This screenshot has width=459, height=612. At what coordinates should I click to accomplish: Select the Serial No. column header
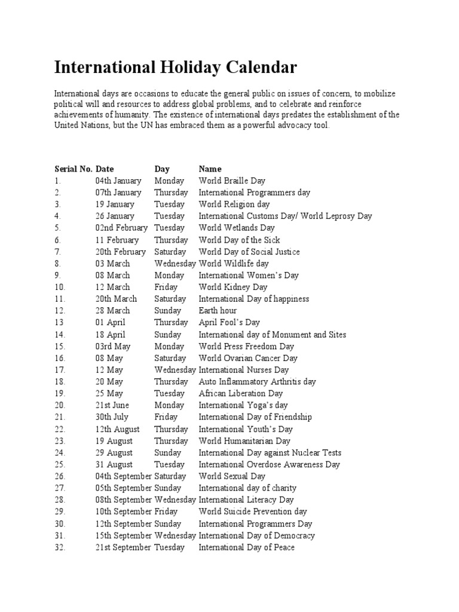click(73, 169)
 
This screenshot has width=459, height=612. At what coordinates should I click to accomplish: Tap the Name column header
click(210, 169)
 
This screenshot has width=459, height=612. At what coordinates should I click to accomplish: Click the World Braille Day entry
click(232, 180)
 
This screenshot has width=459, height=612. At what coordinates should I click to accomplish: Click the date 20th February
click(120, 252)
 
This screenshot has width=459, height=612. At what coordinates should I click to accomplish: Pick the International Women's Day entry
click(249, 275)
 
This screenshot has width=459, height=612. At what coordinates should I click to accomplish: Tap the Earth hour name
click(218, 310)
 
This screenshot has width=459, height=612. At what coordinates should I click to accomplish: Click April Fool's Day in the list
click(229, 322)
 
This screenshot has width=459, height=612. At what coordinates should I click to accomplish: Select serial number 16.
click(59, 358)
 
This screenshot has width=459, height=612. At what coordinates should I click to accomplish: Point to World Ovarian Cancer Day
click(248, 358)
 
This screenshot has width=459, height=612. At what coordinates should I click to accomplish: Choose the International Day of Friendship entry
click(255, 417)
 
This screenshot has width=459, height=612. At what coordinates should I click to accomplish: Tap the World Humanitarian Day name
click(244, 440)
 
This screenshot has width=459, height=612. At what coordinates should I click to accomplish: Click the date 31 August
click(114, 464)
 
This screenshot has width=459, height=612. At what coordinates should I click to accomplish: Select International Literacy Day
click(246, 500)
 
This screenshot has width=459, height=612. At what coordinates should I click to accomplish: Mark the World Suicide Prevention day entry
click(253, 512)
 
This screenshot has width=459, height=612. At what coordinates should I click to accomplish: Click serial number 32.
click(59, 547)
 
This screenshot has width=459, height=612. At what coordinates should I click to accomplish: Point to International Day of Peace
click(246, 547)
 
